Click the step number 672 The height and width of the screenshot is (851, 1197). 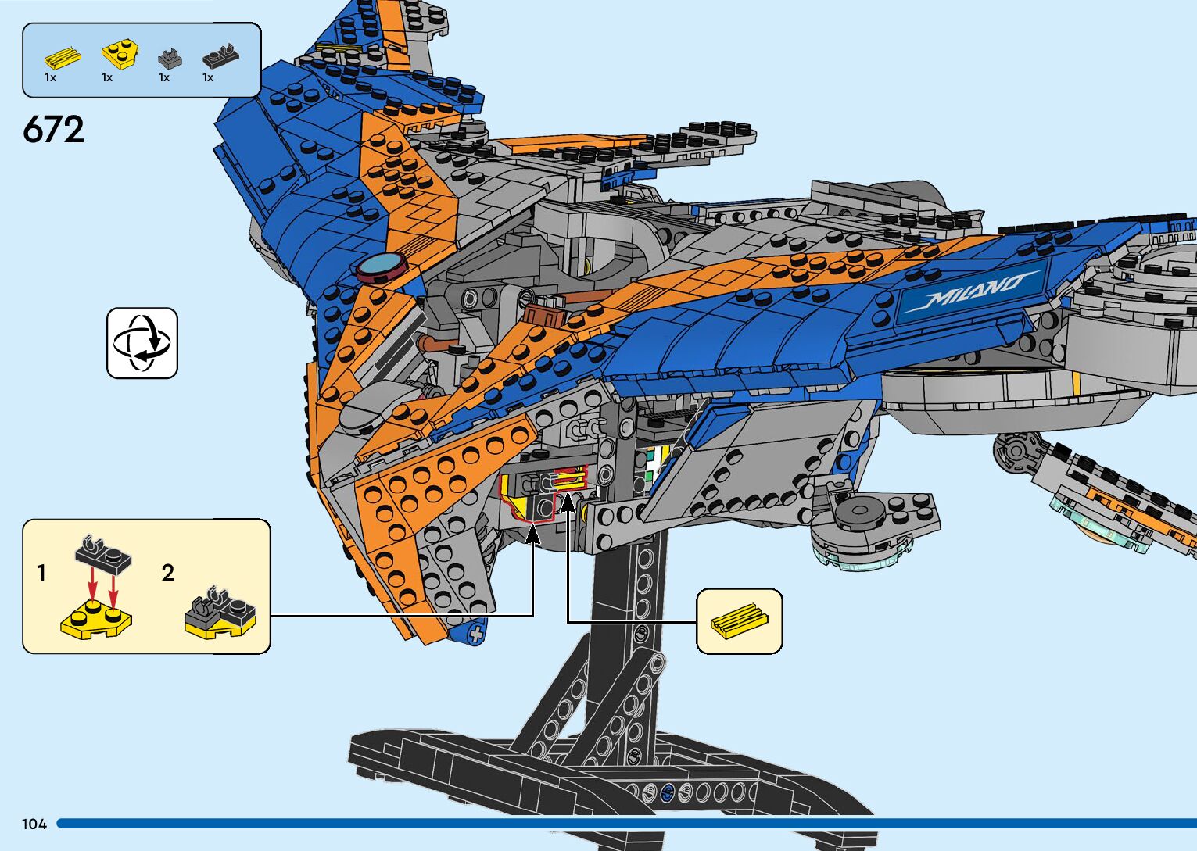53,129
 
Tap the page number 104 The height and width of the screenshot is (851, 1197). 34,824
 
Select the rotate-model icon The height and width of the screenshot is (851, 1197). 142,343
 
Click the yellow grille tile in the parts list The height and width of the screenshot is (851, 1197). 63,57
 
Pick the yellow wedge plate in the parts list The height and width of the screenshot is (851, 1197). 120,55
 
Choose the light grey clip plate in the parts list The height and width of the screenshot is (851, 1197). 170,59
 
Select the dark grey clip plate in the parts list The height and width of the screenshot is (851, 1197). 220,55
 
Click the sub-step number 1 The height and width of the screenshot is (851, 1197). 41,573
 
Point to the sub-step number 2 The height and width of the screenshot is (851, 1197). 168,573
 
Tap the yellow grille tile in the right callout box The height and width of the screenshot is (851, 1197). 739,621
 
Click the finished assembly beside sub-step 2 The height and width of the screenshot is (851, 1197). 220,611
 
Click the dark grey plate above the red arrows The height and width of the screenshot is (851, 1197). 103,554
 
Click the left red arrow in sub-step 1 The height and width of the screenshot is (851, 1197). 92,584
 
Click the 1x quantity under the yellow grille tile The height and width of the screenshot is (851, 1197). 50,77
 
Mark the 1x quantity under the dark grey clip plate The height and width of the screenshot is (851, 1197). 208,77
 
